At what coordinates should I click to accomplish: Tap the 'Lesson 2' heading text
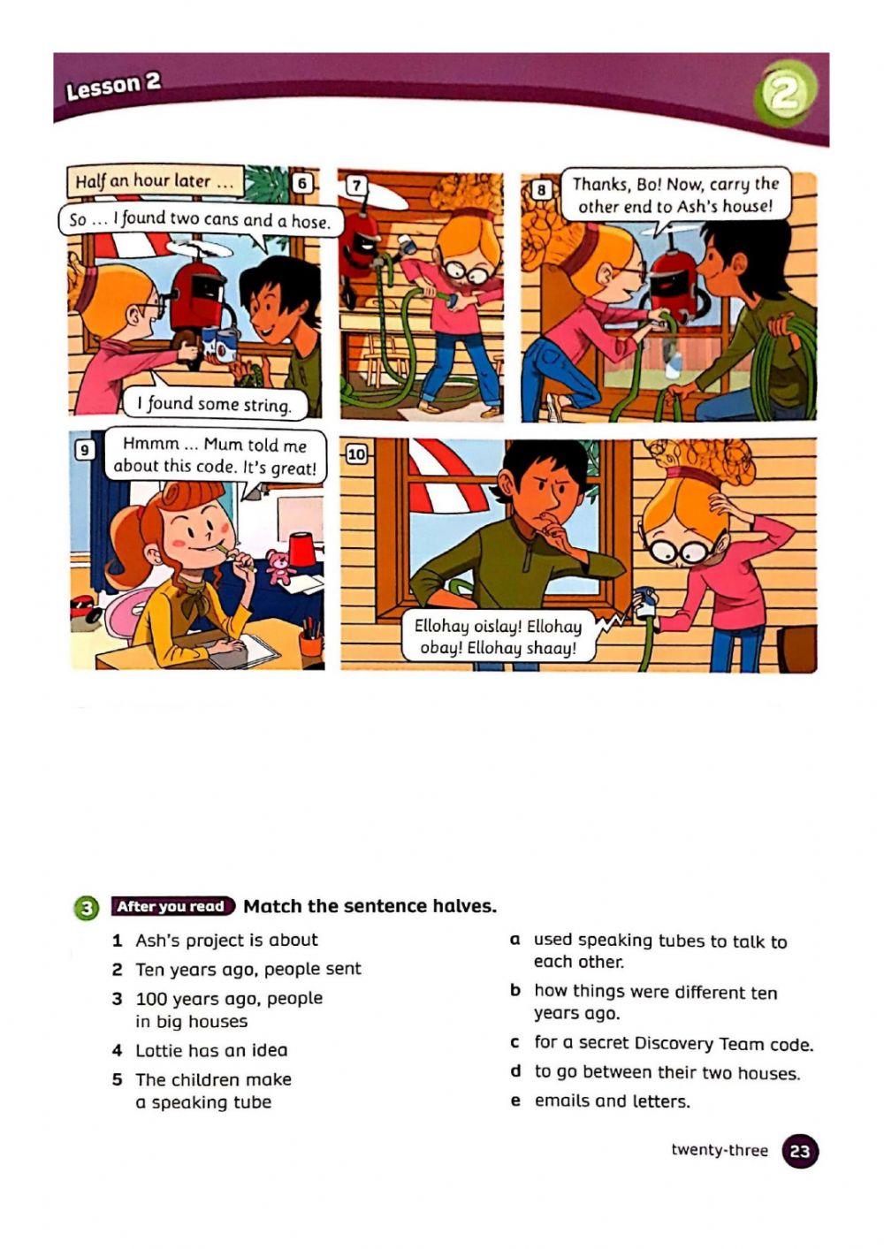pyautogui.click(x=113, y=86)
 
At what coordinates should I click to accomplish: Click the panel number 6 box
pyautogui.click(x=303, y=184)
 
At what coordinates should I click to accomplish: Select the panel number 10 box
pyautogui.click(x=355, y=454)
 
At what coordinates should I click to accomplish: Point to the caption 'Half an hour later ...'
pyautogui.click(x=155, y=181)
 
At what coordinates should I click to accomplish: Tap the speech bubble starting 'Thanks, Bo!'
pyautogui.click(x=675, y=195)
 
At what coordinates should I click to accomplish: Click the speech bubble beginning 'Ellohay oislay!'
pyautogui.click(x=498, y=637)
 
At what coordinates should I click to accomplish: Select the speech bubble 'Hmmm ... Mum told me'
pyautogui.click(x=215, y=456)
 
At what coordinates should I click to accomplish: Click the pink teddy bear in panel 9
pyautogui.click(x=281, y=567)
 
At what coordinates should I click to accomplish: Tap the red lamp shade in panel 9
pyautogui.click(x=303, y=551)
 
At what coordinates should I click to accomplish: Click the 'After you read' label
pyautogui.click(x=171, y=906)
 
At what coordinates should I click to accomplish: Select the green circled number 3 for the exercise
pyautogui.click(x=86, y=908)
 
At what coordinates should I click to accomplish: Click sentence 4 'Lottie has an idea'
pyautogui.click(x=210, y=1050)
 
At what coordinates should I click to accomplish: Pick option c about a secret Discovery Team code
pyautogui.click(x=673, y=1044)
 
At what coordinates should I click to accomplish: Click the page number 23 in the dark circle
pyautogui.click(x=800, y=1152)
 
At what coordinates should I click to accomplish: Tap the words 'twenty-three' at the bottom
pyautogui.click(x=720, y=1150)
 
